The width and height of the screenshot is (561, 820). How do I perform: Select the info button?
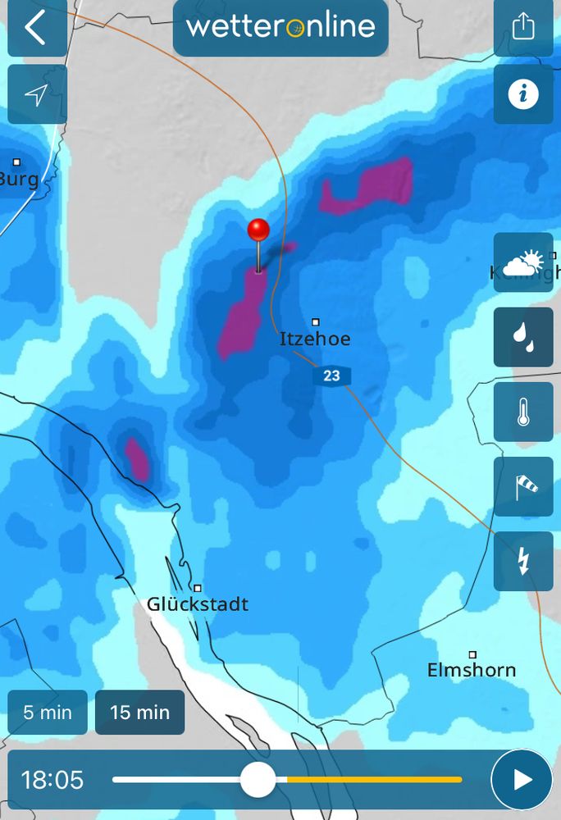pyautogui.click(x=523, y=94)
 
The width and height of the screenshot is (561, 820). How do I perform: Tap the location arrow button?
pyautogui.click(x=36, y=94)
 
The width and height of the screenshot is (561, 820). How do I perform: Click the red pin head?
pyautogui.click(x=258, y=230)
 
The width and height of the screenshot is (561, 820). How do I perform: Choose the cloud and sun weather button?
pyautogui.click(x=523, y=262)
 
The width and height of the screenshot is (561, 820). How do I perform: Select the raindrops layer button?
pyautogui.click(x=523, y=337)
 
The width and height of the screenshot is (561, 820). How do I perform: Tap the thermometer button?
pyautogui.click(x=523, y=412)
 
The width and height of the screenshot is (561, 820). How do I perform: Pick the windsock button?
pyautogui.click(x=523, y=486)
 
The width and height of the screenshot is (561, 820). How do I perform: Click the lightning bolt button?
pyautogui.click(x=523, y=561)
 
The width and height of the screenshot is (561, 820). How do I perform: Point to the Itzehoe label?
pyautogui.click(x=315, y=339)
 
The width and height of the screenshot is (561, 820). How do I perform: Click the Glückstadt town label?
pyautogui.click(x=198, y=604)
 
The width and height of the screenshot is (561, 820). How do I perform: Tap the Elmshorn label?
pyautogui.click(x=472, y=670)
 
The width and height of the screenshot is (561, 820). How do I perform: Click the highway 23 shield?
pyautogui.click(x=331, y=376)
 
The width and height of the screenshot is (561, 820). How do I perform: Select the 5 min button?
pyautogui.click(x=48, y=712)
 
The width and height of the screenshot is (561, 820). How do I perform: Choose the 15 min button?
pyautogui.click(x=139, y=712)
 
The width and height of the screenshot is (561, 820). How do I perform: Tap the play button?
pyautogui.click(x=522, y=779)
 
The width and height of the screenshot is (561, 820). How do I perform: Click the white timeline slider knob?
pyautogui.click(x=258, y=779)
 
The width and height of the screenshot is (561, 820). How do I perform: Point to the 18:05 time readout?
pyautogui.click(x=52, y=779)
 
